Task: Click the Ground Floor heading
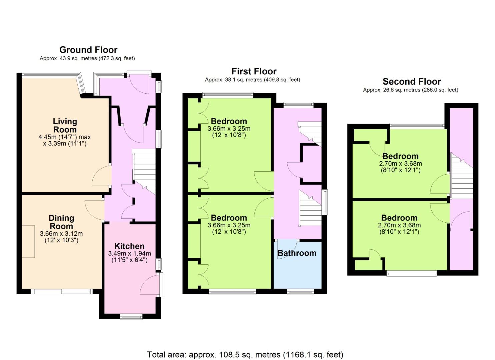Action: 88,50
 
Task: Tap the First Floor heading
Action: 254,71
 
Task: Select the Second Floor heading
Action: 412,82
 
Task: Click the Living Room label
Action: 65,125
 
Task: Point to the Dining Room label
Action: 61,222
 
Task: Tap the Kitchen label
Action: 129,246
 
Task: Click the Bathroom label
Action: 297,253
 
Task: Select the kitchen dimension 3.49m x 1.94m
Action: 129,253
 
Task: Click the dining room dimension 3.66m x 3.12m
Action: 61,234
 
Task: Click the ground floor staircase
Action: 144,172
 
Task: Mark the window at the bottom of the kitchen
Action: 131,317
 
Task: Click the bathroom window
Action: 301,292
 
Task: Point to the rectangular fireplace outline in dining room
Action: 28,242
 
